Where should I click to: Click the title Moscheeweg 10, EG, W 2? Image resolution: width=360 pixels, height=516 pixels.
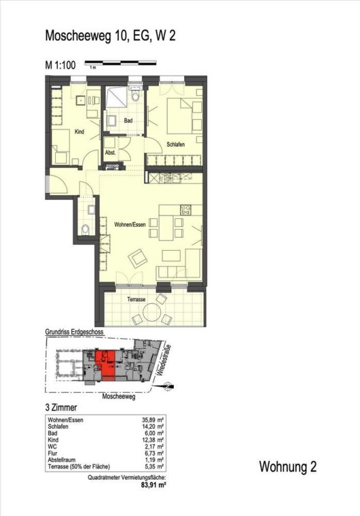click(110, 35)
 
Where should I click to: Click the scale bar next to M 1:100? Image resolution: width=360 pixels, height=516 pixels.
click(121, 62)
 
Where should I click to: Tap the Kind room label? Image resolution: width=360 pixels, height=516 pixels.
click(79, 132)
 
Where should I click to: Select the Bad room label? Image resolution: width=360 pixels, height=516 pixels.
click(128, 121)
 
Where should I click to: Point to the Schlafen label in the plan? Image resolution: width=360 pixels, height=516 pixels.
click(176, 145)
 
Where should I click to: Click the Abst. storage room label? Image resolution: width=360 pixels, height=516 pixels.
click(110, 153)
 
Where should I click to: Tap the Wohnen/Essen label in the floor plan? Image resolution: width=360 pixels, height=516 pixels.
click(130, 225)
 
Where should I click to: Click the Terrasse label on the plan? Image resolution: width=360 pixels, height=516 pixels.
click(136, 299)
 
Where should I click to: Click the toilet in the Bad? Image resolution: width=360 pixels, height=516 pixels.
click(135, 96)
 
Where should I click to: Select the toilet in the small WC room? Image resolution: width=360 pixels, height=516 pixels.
click(85, 229)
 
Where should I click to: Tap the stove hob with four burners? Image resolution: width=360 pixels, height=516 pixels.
click(185, 210)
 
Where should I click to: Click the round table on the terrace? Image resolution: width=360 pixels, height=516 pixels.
click(152, 312)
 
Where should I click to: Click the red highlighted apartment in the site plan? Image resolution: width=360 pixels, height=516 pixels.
click(104, 365)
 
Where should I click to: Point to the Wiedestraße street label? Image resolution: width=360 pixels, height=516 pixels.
click(164, 360)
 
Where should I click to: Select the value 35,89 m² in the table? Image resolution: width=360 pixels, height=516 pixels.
click(153, 421)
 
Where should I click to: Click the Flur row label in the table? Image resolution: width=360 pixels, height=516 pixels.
click(52, 453)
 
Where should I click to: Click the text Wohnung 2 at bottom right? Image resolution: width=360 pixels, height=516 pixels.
click(288, 467)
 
